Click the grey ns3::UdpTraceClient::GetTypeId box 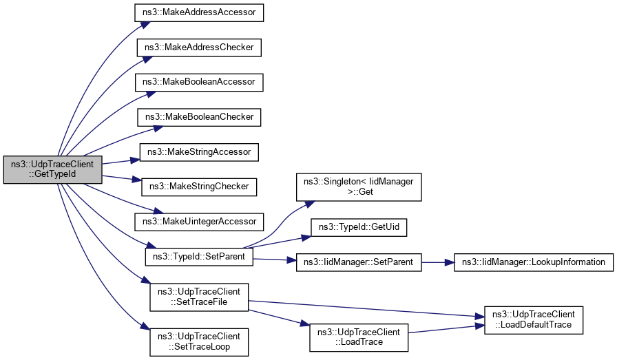(x=53, y=169)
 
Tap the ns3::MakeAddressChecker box (x=199, y=47)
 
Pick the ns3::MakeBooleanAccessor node (x=199, y=82)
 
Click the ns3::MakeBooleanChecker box (x=198, y=117)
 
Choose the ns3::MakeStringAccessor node (x=199, y=151)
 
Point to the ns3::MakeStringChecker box (x=198, y=186)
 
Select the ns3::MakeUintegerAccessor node (x=199, y=221)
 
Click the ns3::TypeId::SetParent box (x=199, y=256)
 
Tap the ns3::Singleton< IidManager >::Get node (x=358, y=187)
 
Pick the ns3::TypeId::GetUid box (x=358, y=226)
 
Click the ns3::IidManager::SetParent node (x=358, y=262)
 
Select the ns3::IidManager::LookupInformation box (x=533, y=262)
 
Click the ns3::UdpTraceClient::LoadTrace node (x=358, y=336)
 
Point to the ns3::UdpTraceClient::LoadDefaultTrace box (x=533, y=319)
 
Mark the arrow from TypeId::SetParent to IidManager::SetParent (x=275, y=260)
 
